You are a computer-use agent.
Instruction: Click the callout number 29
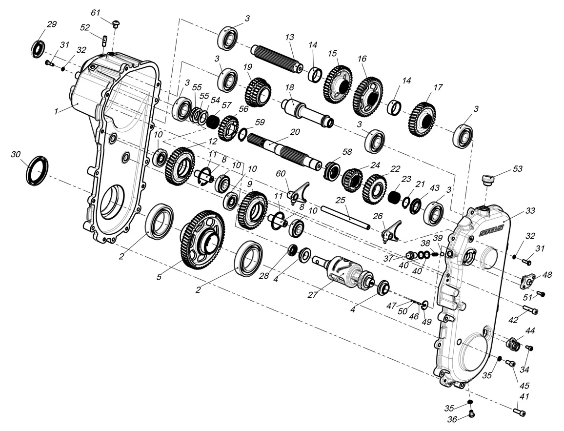[51, 24]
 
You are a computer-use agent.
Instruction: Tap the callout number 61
[96, 12]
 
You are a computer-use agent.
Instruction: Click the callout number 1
[57, 111]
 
